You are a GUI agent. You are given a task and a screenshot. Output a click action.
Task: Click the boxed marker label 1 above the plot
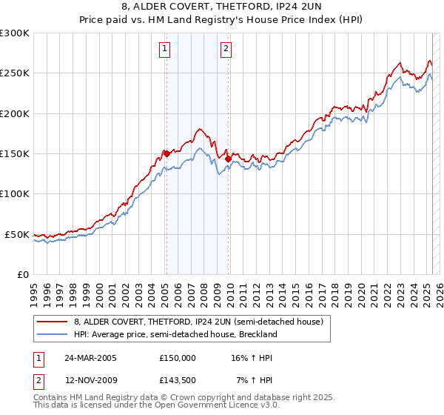[x=164, y=50]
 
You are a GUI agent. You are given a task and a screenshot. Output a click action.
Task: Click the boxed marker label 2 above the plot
[x=225, y=50]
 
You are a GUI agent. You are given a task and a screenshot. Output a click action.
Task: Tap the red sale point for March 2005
[x=166, y=154]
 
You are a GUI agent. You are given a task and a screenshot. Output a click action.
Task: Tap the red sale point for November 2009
[x=228, y=159]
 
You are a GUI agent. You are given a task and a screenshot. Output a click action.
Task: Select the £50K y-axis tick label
[x=17, y=234]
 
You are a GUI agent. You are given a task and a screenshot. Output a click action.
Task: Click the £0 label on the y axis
[x=23, y=274]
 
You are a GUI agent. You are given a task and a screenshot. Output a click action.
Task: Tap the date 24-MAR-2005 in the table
[x=90, y=357]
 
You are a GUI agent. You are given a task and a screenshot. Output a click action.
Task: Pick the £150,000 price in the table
[x=177, y=357]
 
